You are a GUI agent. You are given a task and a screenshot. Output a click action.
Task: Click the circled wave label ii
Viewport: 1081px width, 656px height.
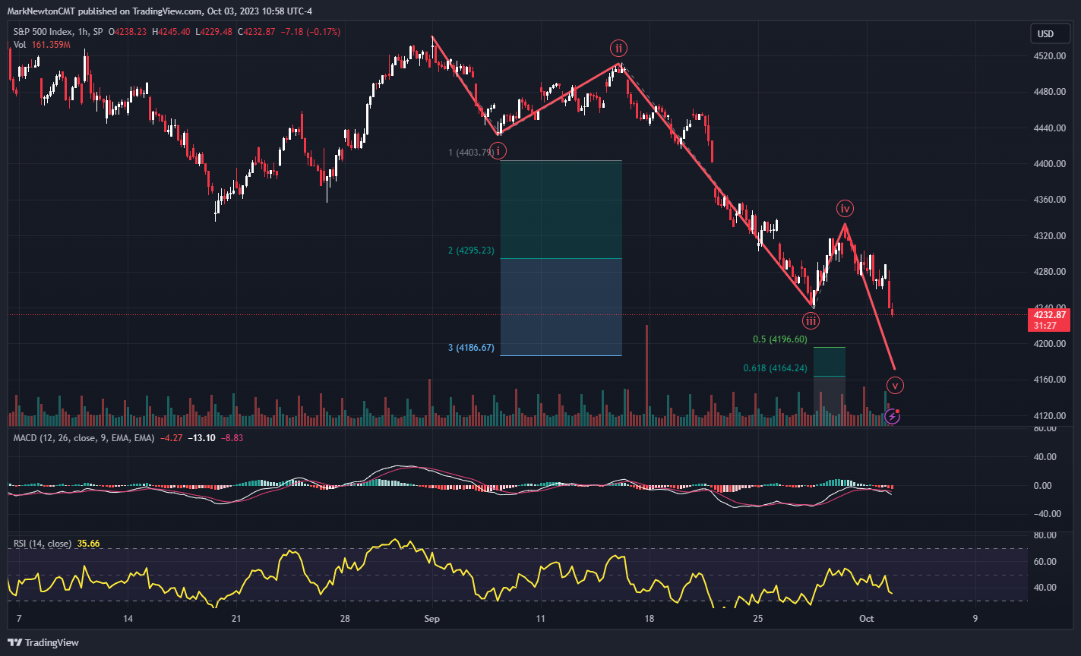619,49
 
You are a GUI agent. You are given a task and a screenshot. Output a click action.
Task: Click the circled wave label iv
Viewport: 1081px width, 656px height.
845,208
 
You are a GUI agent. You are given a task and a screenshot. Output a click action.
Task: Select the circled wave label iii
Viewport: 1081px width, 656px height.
811,320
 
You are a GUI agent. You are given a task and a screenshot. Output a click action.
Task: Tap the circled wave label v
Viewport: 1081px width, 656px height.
896,385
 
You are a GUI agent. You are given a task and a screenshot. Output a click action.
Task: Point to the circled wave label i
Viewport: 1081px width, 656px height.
498,151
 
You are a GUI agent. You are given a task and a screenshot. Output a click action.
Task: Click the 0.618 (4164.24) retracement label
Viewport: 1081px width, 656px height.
775,369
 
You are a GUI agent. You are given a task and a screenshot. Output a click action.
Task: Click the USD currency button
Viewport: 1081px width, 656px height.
1045,34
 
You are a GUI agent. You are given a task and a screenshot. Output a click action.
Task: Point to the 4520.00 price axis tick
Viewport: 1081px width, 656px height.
1048,56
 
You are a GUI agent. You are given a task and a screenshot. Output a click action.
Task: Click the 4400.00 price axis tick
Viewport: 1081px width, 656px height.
1048,164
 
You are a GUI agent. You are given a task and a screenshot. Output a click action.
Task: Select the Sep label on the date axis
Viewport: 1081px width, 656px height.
432,619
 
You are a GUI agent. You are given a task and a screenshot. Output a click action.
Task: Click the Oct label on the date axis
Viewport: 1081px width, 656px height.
867,619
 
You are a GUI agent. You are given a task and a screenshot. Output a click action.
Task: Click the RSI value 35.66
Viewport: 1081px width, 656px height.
88,544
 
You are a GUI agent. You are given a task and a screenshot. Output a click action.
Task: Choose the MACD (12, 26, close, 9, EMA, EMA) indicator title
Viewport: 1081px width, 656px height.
84,438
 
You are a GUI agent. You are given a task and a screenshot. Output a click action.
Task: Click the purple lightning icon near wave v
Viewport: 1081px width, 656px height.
893,415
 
